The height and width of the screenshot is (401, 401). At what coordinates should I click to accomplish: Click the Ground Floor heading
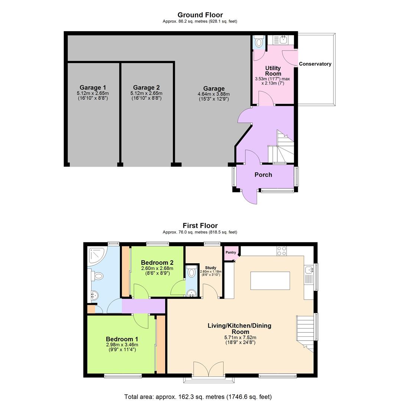point(200,15)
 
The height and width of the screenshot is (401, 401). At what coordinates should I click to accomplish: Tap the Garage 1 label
point(93,88)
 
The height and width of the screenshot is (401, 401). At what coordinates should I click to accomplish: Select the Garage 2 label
point(146,88)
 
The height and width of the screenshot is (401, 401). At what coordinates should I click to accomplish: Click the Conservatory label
point(315,64)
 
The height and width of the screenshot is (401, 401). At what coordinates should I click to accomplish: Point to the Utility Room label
point(273,71)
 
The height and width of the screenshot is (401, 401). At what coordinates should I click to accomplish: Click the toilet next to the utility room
point(259,42)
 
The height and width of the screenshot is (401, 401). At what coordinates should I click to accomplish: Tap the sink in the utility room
point(283,40)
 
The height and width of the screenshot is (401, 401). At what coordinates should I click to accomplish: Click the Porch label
point(263,175)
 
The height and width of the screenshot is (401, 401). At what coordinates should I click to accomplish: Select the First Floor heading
point(200,225)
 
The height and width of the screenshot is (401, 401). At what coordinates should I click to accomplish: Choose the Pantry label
point(231,252)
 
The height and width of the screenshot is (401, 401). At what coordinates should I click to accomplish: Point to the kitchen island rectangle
point(270,280)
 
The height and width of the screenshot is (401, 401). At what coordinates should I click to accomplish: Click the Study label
point(211,267)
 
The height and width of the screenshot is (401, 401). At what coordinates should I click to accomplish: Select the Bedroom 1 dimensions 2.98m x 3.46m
point(122,345)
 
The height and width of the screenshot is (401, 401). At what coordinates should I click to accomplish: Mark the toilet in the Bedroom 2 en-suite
point(192,273)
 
